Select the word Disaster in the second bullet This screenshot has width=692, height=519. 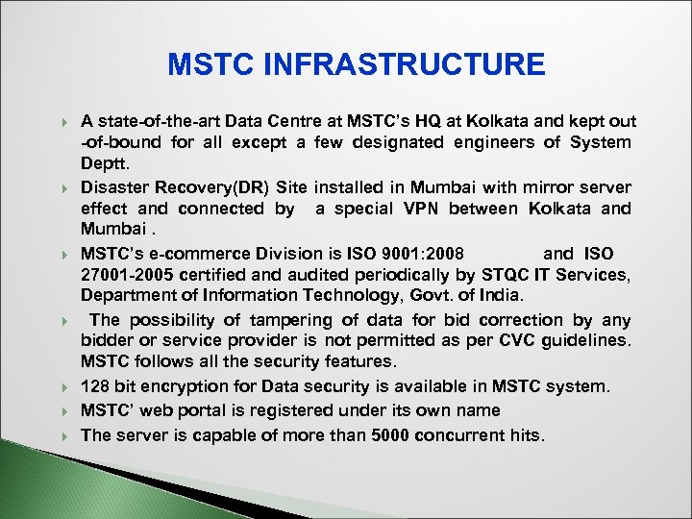[115, 185]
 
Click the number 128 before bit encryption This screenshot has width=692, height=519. [96, 386]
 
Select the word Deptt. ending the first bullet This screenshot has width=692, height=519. [105, 163]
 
